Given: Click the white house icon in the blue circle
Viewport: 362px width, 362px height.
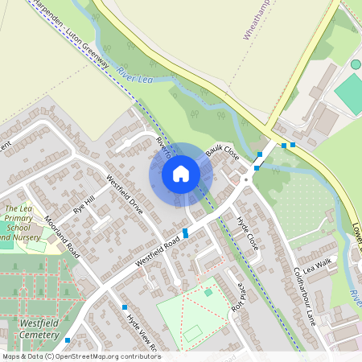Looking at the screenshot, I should [x=181, y=174].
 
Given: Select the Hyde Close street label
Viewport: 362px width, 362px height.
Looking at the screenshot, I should [x=246, y=231].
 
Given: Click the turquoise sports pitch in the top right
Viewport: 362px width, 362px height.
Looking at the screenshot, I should [x=351, y=93].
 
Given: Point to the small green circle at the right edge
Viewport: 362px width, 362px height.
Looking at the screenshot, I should [x=356, y=64].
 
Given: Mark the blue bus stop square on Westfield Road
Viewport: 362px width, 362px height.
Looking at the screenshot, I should [x=186, y=232].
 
